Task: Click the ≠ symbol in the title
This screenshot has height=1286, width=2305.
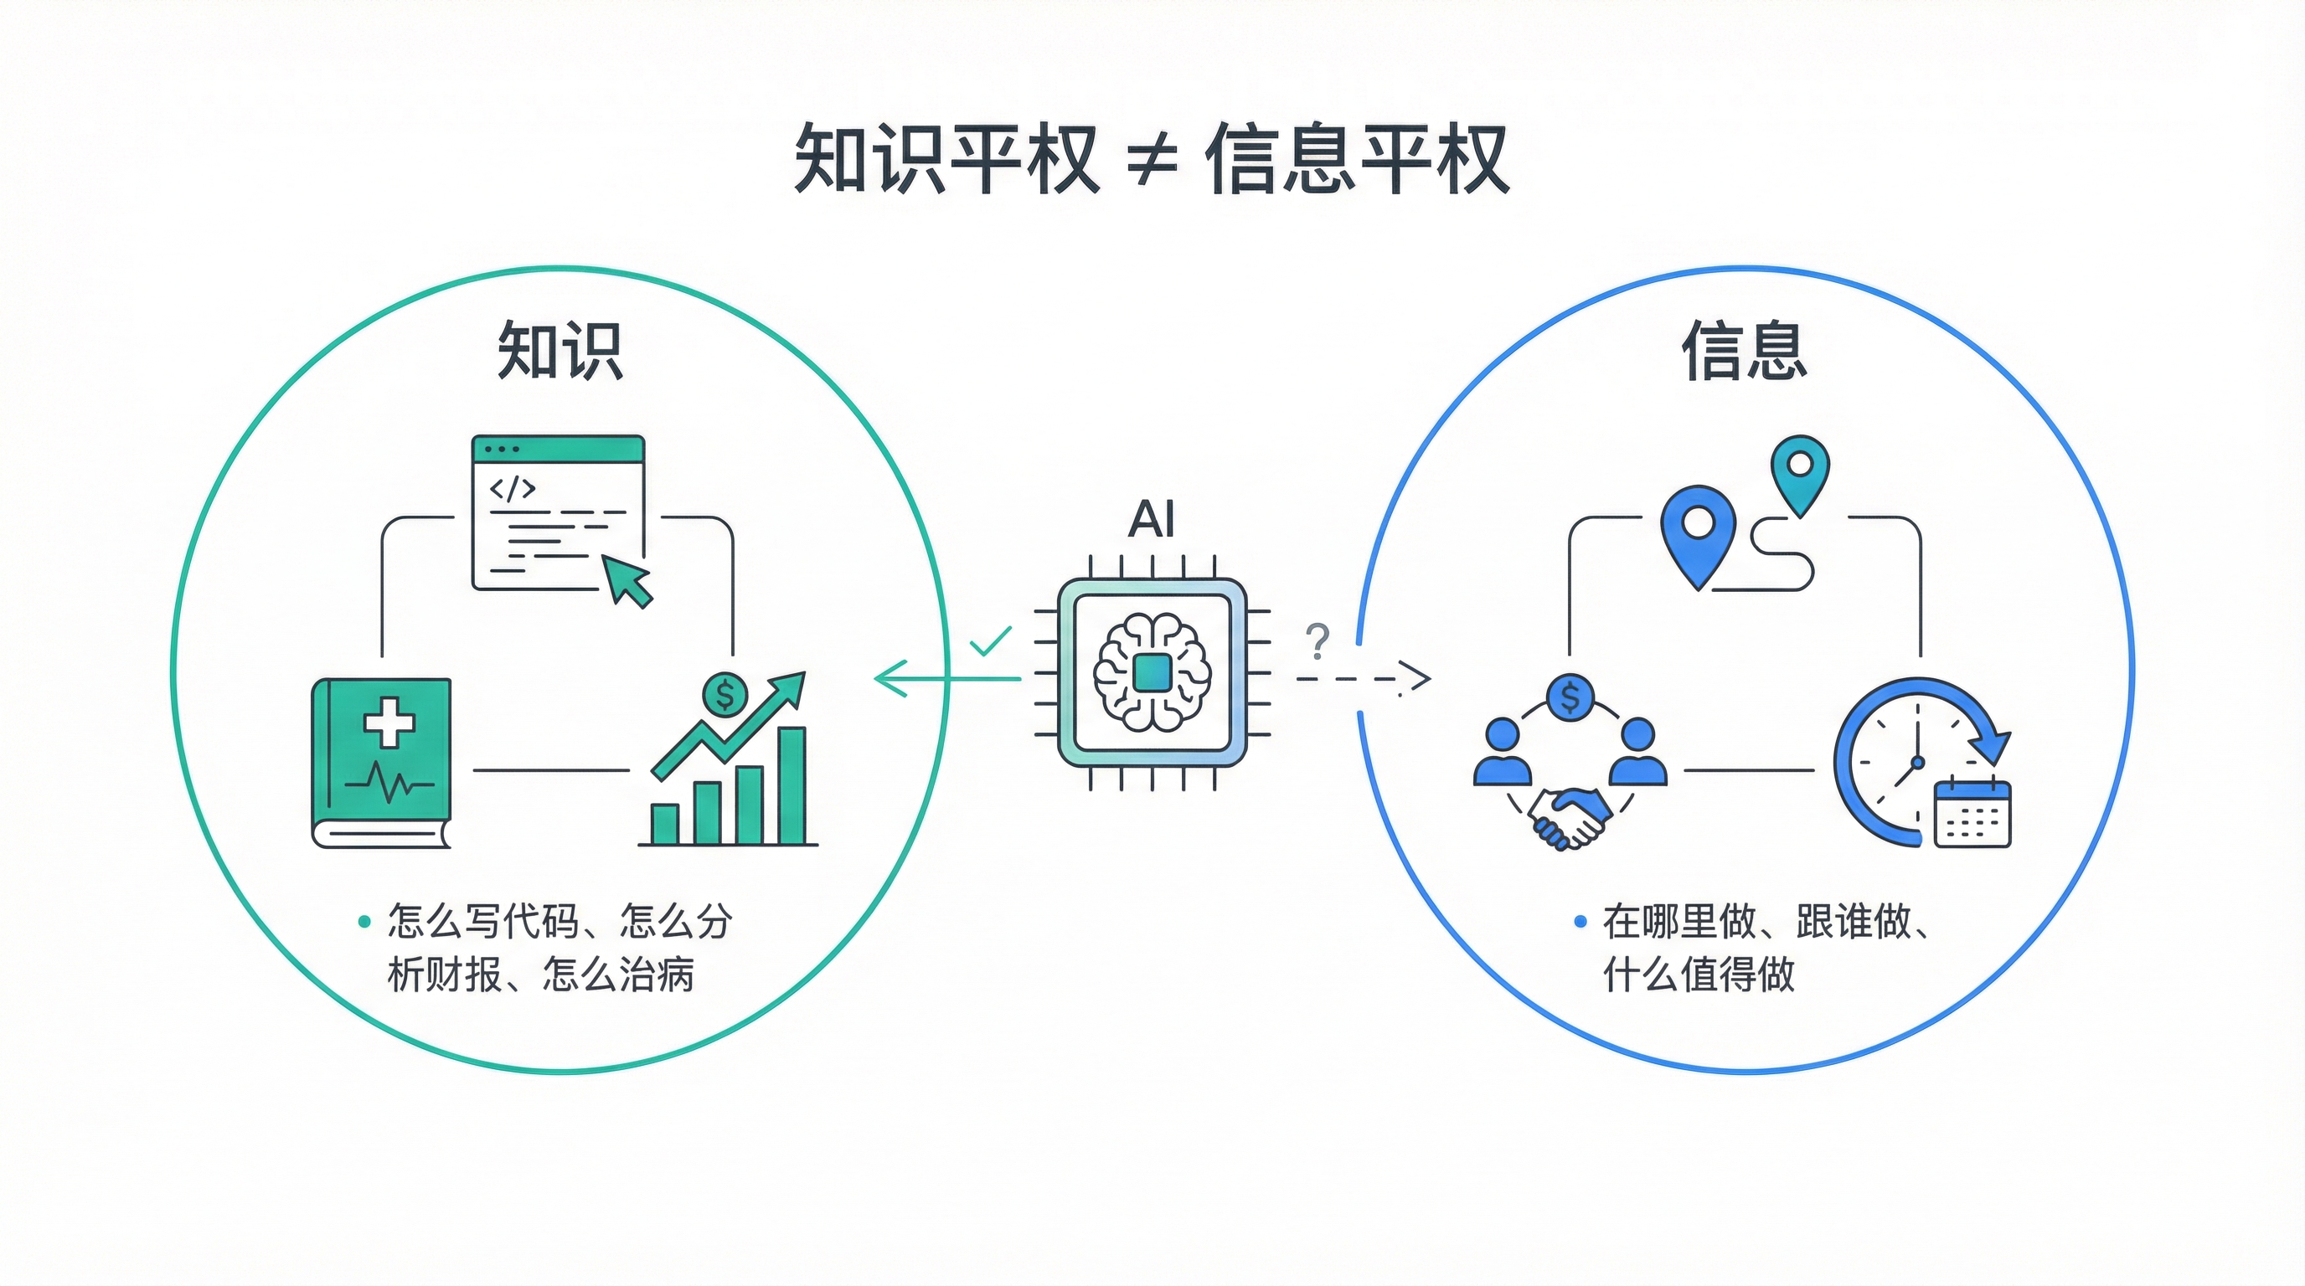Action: pyautogui.click(x=1152, y=162)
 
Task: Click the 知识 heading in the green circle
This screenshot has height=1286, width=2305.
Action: pyautogui.click(x=559, y=351)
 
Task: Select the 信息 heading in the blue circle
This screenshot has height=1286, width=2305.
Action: pyautogui.click(x=1744, y=351)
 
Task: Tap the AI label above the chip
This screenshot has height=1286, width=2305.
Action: pyautogui.click(x=1151, y=520)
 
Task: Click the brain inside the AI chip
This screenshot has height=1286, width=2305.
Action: pyautogui.click(x=1152, y=671)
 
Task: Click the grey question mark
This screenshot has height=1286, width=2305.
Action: pyautogui.click(x=1318, y=641)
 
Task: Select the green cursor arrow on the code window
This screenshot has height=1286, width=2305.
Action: pyautogui.click(x=629, y=579)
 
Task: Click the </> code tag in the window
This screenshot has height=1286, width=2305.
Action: pyautogui.click(x=512, y=488)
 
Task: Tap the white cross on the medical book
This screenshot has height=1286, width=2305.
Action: pyautogui.click(x=389, y=723)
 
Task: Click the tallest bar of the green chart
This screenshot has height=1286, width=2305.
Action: pyautogui.click(x=792, y=785)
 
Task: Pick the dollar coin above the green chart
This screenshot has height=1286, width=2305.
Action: pyautogui.click(x=725, y=694)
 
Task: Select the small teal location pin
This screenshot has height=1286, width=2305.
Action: pyautogui.click(x=1800, y=469)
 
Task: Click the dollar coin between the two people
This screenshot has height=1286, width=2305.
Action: pyautogui.click(x=1570, y=697)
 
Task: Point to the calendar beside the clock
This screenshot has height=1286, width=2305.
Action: pyautogui.click(x=1972, y=814)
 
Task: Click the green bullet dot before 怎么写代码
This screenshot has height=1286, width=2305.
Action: pyautogui.click(x=364, y=921)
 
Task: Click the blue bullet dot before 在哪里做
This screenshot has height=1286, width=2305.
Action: pyautogui.click(x=1580, y=921)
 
